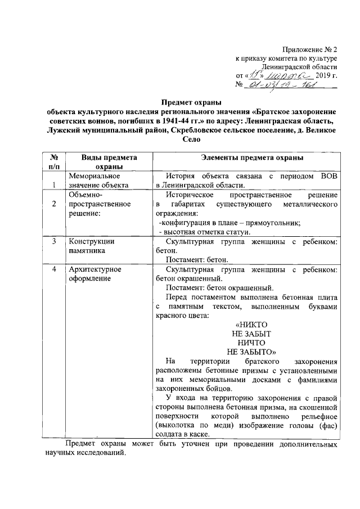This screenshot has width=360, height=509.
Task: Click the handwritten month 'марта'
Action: coord(288,74)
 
